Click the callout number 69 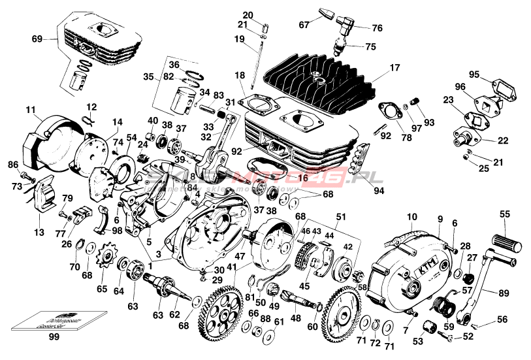coord(37,39)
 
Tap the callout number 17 coord(394,67)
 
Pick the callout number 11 coord(31,108)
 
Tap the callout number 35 coord(148,76)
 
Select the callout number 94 coord(379,191)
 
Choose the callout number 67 coord(304,25)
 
